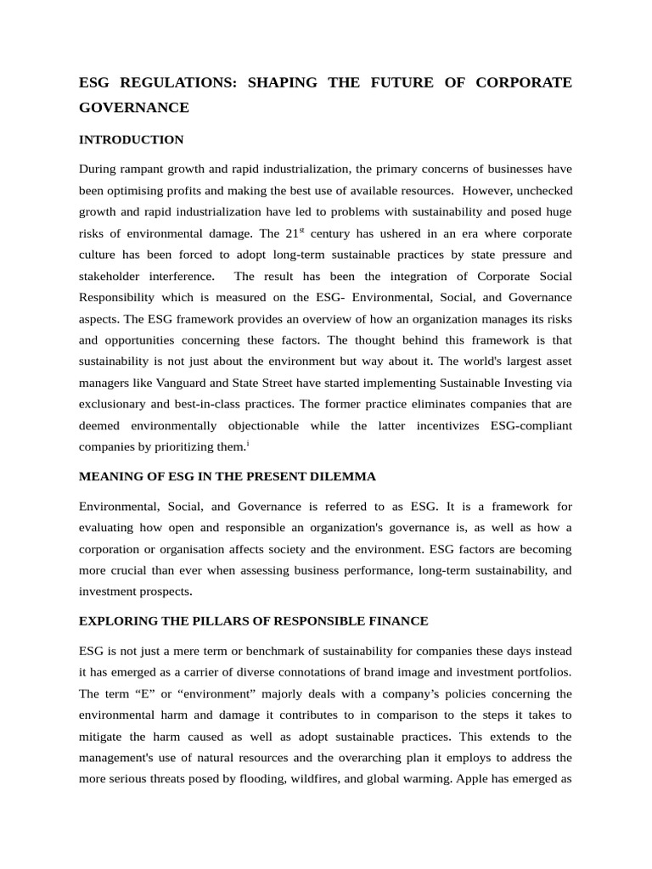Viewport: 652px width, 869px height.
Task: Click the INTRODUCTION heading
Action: click(131, 139)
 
